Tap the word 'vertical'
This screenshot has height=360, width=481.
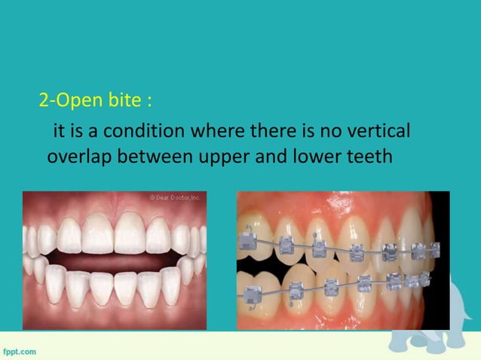(377, 132)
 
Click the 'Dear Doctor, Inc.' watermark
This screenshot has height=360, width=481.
(174, 197)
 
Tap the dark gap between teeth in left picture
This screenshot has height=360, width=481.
(113, 257)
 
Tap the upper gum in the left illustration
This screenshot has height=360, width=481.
(113, 207)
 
